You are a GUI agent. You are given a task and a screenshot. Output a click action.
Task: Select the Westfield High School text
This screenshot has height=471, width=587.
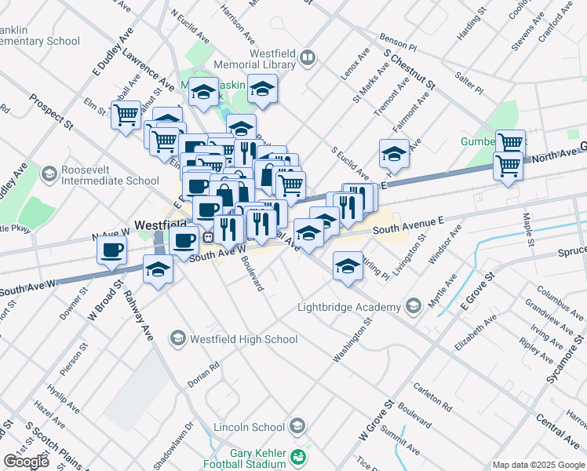(243, 339)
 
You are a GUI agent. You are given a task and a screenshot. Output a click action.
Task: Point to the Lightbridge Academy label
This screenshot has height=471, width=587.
(351, 307)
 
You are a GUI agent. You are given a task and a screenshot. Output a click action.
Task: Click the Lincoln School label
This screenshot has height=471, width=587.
(258, 427)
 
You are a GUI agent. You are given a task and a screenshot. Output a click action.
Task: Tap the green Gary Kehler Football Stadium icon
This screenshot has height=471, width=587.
(298, 456)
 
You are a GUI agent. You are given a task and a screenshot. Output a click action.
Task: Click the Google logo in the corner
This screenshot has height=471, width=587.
(26, 462)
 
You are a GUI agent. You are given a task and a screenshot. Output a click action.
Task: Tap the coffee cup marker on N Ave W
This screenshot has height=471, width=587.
(111, 250)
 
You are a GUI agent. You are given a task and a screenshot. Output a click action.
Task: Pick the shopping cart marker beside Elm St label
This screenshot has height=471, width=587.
(125, 115)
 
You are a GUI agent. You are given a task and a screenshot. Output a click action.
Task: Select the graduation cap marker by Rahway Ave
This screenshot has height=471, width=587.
(159, 270)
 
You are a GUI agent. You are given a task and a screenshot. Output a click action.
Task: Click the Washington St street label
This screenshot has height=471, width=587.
(351, 341)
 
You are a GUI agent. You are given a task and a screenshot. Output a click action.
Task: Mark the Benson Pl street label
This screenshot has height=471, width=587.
(398, 42)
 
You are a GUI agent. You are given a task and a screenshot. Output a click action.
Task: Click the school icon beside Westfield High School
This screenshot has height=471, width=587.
(178, 338)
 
